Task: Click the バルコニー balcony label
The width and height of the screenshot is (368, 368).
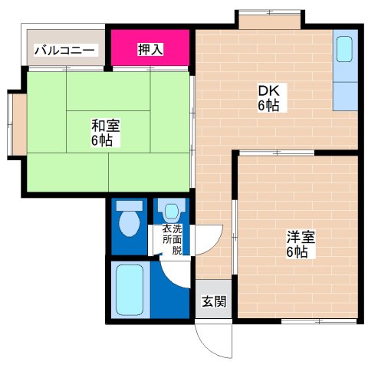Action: pyautogui.click(x=64, y=51)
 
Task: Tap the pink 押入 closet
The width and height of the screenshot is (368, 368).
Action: pyautogui.click(x=150, y=50)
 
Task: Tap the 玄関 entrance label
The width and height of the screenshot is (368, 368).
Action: pyautogui.click(x=215, y=301)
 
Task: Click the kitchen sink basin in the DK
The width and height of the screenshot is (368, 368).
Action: pyautogui.click(x=345, y=51)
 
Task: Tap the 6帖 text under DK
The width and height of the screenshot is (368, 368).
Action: pyautogui.click(x=268, y=106)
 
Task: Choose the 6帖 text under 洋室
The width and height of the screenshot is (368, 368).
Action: pyautogui.click(x=296, y=253)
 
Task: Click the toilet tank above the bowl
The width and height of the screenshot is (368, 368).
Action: pyautogui.click(x=130, y=205)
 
